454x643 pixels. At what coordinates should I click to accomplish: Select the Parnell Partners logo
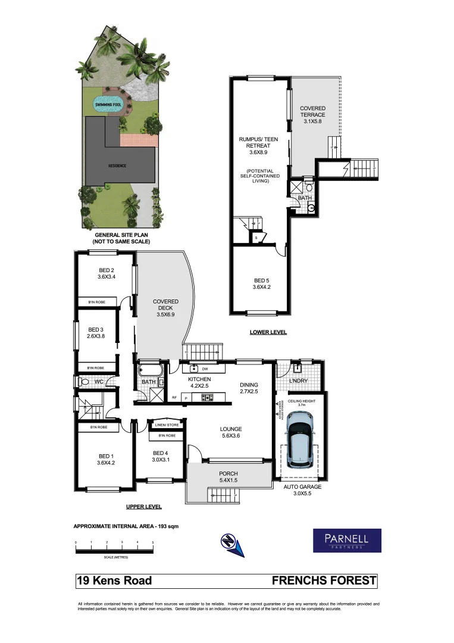pyautogui.click(x=347, y=541)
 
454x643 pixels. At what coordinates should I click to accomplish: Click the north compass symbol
pyautogui.click(x=231, y=543)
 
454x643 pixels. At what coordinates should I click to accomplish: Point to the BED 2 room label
pyautogui.click(x=105, y=273)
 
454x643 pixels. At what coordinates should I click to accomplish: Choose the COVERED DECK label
pyautogui.click(x=165, y=307)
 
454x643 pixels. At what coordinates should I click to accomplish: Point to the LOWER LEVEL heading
pyautogui.click(x=268, y=332)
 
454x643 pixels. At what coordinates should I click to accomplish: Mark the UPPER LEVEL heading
pyautogui.click(x=143, y=507)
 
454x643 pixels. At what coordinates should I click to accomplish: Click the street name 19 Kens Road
pyautogui.click(x=114, y=580)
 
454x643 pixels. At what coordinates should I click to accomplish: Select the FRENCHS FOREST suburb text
pyautogui.click(x=324, y=580)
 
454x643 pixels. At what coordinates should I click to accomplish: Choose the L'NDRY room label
pyautogui.click(x=298, y=380)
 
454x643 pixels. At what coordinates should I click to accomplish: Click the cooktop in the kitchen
pyautogui.click(x=208, y=398)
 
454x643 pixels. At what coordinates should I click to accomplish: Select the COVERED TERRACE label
pyautogui.click(x=312, y=115)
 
